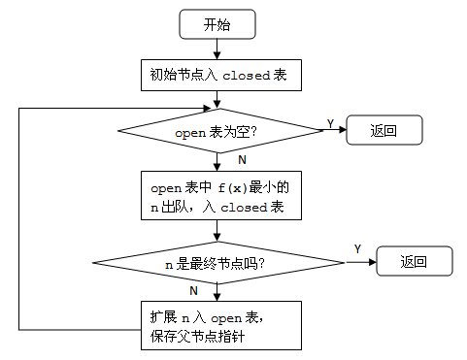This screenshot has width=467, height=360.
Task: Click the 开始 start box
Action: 217,25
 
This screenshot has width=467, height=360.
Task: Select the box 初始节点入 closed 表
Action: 217,74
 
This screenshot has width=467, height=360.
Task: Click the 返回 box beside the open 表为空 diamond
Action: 384,130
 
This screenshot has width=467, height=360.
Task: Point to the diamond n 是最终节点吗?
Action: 217,261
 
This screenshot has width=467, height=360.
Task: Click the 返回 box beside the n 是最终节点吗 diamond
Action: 415,261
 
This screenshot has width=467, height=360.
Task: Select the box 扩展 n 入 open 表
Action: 217,324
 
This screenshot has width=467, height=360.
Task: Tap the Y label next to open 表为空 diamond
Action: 330,123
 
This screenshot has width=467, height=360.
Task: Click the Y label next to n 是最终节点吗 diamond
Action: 357,249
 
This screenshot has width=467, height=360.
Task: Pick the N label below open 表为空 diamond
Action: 242,157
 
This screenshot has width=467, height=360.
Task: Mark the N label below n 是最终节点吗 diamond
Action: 194,289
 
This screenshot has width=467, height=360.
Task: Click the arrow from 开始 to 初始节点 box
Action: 217,49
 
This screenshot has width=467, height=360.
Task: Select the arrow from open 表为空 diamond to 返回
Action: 336,130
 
